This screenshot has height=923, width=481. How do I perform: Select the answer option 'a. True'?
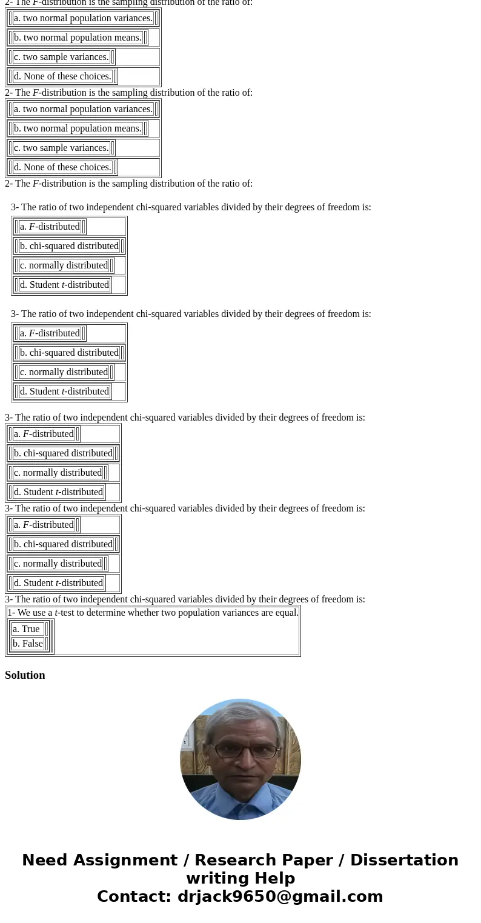[x=26, y=629]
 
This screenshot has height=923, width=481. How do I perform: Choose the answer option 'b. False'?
[x=28, y=644]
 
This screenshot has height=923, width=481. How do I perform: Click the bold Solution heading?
[x=25, y=675]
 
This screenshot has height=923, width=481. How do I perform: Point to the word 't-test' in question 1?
[x=65, y=613]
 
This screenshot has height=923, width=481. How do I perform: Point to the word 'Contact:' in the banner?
[x=134, y=897]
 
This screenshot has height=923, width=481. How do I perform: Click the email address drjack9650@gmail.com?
[x=280, y=897]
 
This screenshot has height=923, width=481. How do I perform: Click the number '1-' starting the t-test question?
[x=12, y=613]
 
